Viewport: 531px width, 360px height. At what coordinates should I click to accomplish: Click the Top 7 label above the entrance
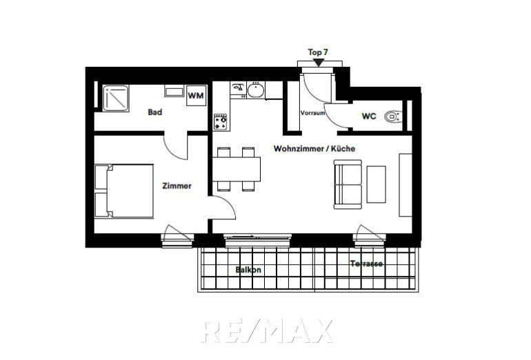pyautogui.click(x=318, y=52)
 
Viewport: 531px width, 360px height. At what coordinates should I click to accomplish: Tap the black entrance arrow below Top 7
pyautogui.click(x=319, y=63)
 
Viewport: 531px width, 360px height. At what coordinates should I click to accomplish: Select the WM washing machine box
pyautogui.click(x=196, y=95)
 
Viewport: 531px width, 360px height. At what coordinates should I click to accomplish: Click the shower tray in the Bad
pyautogui.click(x=116, y=98)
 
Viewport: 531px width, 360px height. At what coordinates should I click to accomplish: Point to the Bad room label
pyautogui.click(x=154, y=112)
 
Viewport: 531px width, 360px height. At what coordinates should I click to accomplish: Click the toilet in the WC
pyautogui.click(x=393, y=117)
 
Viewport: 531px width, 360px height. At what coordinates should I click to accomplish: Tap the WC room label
pyautogui.click(x=369, y=116)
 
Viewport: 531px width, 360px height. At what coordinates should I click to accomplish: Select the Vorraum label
pyautogui.click(x=312, y=113)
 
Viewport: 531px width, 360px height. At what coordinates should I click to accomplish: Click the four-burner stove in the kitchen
pyautogui.click(x=220, y=122)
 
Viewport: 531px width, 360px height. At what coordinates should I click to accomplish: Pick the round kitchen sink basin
pyautogui.click(x=256, y=90)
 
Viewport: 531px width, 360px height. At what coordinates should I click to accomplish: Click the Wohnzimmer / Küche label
pyautogui.click(x=314, y=148)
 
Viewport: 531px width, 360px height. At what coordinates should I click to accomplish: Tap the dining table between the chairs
pyautogui.click(x=237, y=170)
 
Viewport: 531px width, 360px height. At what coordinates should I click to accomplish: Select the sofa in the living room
pyautogui.click(x=348, y=184)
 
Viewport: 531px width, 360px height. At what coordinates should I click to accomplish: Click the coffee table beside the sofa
pyautogui.click(x=377, y=184)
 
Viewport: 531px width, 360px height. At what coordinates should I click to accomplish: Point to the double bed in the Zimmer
pyautogui.click(x=124, y=191)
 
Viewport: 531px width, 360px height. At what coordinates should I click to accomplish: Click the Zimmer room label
pyautogui.click(x=177, y=186)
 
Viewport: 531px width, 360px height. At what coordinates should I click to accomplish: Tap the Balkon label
pyautogui.click(x=248, y=270)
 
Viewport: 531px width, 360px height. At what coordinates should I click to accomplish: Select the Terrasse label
pyautogui.click(x=366, y=263)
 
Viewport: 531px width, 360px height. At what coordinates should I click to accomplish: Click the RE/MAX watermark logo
pyautogui.click(x=267, y=331)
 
